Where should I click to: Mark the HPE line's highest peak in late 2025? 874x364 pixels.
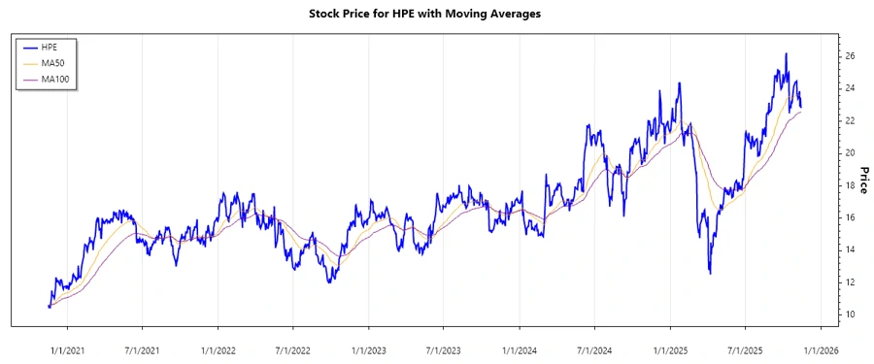pos(786,53)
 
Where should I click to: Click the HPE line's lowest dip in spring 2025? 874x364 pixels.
pos(710,273)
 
